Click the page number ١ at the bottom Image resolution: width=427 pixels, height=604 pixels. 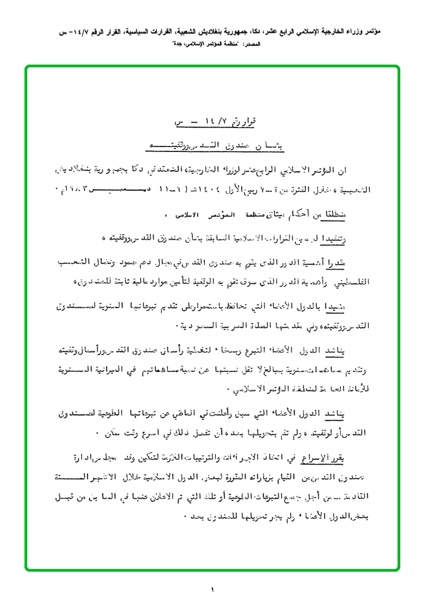tap(213, 589)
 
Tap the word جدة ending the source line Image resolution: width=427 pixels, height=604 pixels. tap(176, 43)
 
